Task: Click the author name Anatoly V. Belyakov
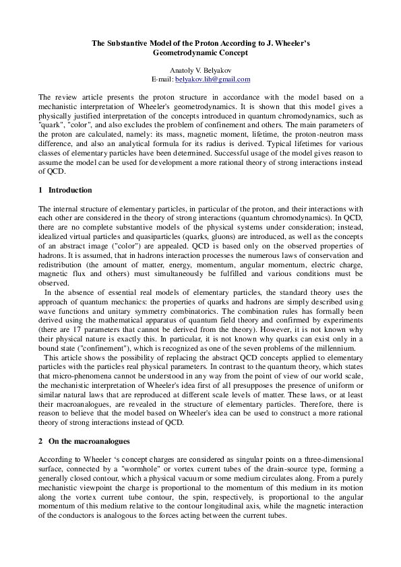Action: point(200,70)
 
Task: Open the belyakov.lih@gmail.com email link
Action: point(212,79)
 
